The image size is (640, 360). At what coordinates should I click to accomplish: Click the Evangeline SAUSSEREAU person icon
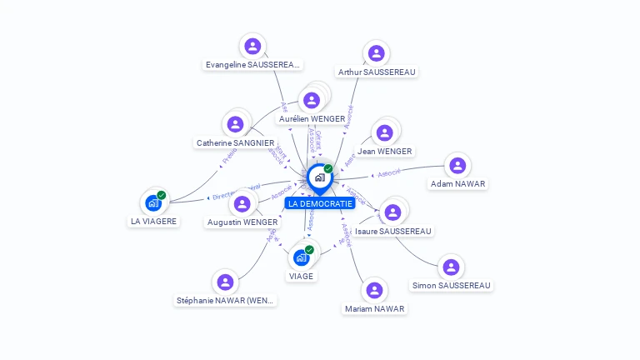252,46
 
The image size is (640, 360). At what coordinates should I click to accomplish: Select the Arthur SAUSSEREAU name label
377,72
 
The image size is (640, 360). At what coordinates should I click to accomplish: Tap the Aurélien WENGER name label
312,119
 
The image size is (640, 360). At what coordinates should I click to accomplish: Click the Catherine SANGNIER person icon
236,124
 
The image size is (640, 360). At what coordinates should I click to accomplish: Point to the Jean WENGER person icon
384,132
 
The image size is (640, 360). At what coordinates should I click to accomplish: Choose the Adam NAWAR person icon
457,165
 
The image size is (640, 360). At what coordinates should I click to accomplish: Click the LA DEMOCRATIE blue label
320,203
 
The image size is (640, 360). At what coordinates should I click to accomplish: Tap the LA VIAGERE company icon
153,202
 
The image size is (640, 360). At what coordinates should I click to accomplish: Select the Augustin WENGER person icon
242,203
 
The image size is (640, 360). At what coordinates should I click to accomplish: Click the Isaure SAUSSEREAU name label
393,231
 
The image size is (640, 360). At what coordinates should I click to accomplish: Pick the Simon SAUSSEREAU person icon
451,267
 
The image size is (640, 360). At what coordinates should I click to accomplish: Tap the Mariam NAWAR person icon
374,290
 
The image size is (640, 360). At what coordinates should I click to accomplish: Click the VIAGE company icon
302,257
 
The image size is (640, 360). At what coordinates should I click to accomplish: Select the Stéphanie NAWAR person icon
225,282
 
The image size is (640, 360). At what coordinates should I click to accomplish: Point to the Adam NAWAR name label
457,183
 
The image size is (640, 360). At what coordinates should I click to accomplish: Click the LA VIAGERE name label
153,222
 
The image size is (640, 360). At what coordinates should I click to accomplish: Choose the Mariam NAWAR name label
374,309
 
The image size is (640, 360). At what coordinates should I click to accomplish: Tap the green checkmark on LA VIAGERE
162,195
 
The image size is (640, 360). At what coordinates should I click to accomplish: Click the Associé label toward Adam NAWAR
389,173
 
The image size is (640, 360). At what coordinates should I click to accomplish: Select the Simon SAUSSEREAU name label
451,286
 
